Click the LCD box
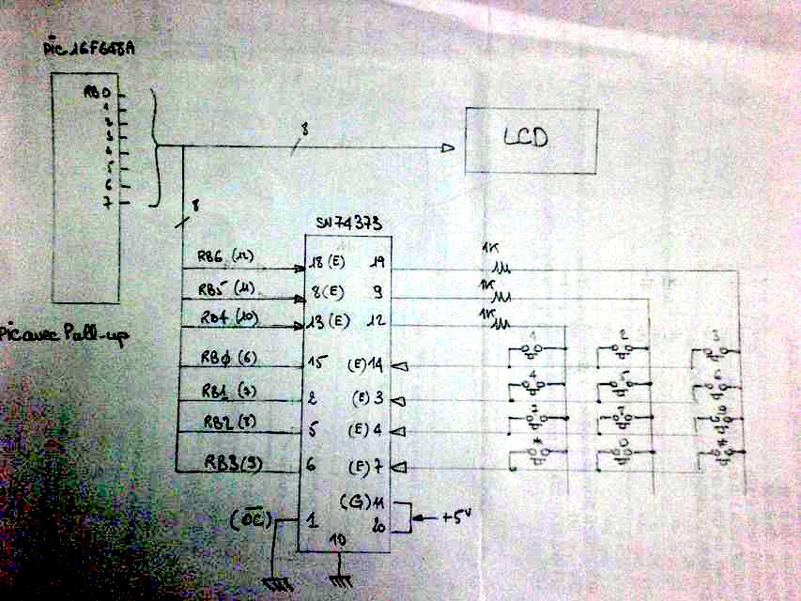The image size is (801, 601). tap(531, 140)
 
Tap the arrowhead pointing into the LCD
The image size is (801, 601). tap(448, 147)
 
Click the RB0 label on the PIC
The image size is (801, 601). tap(98, 94)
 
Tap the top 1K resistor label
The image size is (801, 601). tap(488, 250)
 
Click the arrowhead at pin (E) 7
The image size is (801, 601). tap(397, 466)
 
